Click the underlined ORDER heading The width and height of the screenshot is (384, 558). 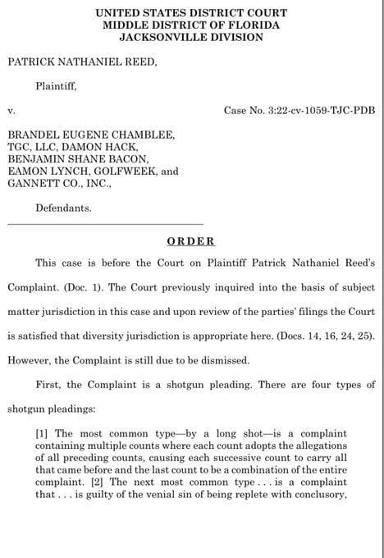[190, 241]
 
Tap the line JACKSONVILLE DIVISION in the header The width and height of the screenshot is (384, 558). [191, 36]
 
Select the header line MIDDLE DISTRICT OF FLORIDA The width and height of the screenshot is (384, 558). [191, 25]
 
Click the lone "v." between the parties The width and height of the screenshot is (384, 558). [11, 109]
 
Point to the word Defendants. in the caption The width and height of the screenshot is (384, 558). [64, 208]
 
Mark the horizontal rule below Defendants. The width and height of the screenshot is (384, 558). [104, 224]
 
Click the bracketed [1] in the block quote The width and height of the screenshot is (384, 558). [43, 433]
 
